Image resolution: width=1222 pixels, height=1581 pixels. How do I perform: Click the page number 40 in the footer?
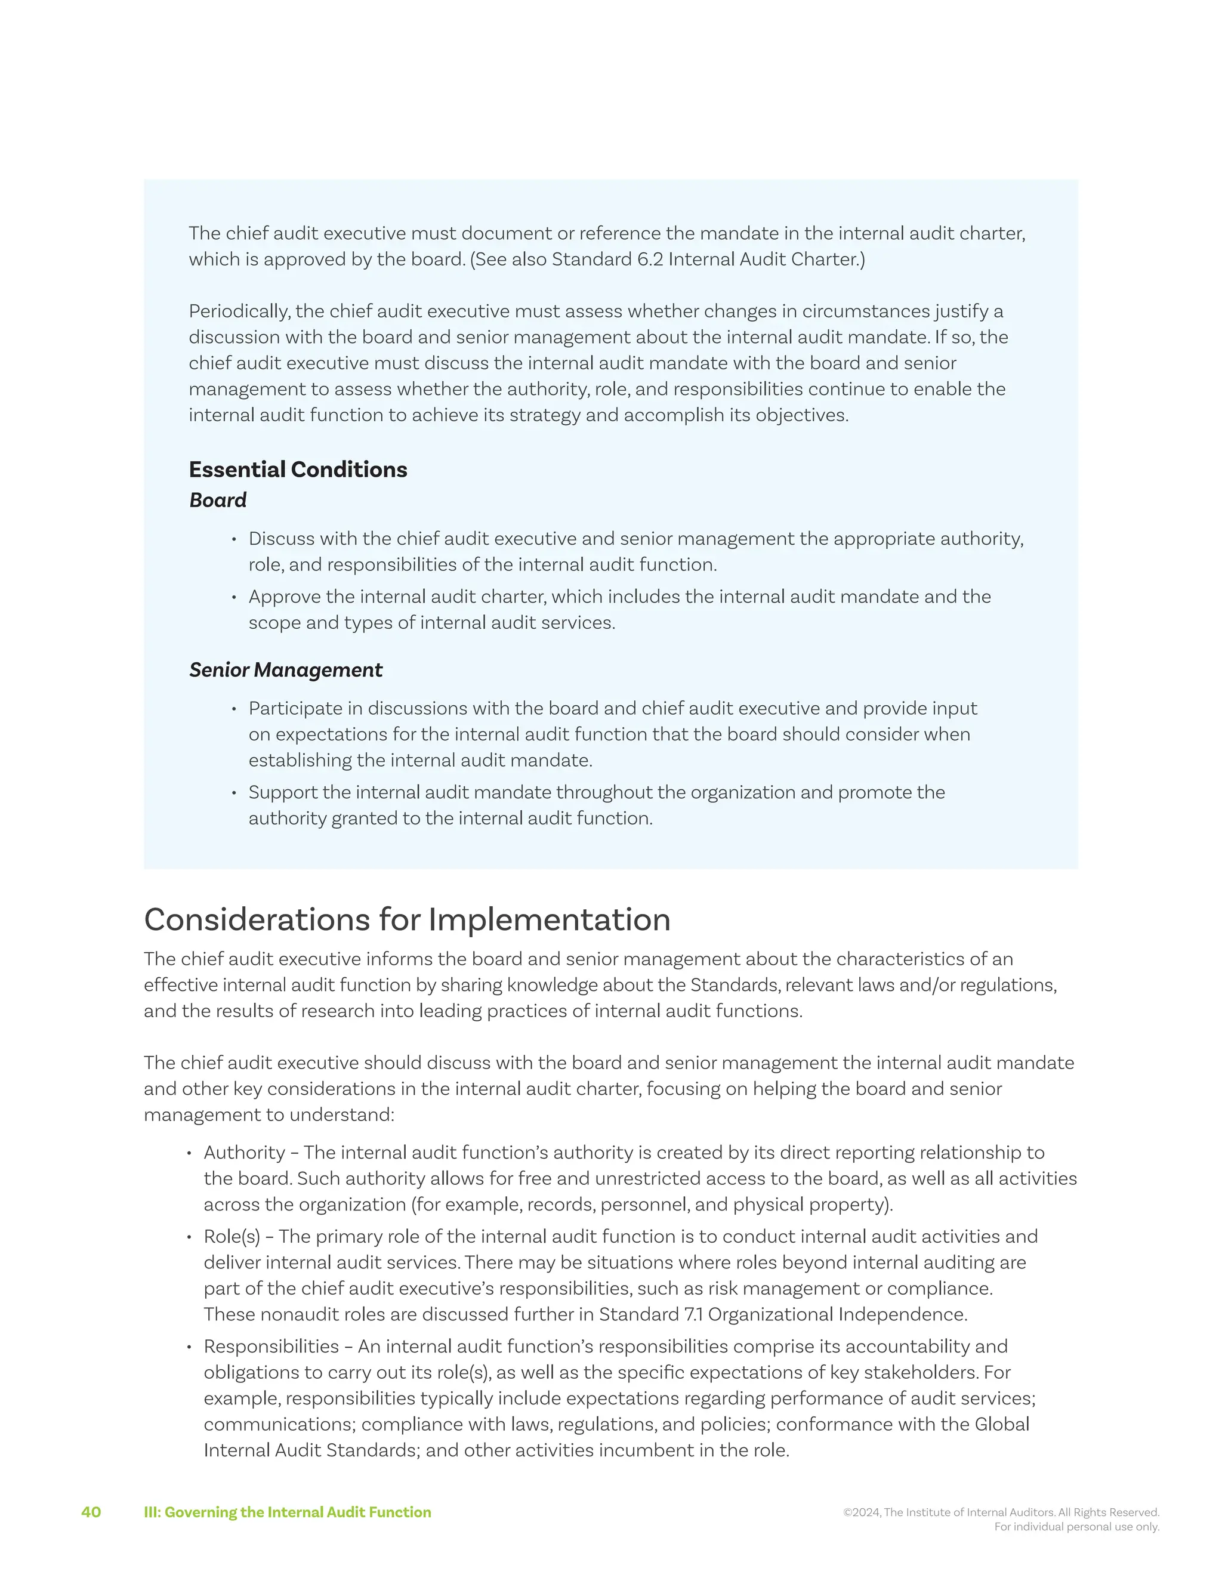click(91, 1512)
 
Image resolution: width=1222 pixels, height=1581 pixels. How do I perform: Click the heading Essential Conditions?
click(298, 470)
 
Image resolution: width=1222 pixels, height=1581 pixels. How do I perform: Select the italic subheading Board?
click(217, 500)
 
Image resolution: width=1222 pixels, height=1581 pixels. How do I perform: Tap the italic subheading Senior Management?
click(285, 671)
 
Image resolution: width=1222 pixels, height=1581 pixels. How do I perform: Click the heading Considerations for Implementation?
click(407, 920)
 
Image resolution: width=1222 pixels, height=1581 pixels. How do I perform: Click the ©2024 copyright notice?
click(1001, 1512)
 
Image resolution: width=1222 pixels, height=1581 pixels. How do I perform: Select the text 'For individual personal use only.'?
click(1076, 1527)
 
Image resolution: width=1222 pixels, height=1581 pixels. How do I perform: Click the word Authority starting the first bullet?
click(244, 1153)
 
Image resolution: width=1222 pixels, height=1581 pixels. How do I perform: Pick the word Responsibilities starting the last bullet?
click(271, 1347)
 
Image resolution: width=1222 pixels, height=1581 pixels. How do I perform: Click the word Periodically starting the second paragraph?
click(239, 311)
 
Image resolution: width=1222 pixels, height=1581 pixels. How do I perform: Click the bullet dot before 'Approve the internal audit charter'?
click(234, 598)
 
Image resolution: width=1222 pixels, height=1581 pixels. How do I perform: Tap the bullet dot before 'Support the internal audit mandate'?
click(234, 793)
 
